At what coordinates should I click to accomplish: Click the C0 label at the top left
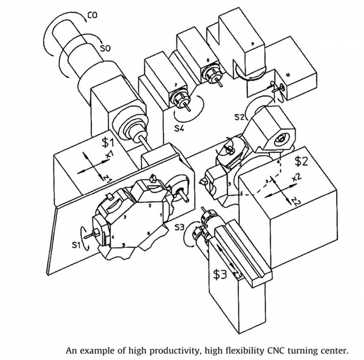tap(92, 16)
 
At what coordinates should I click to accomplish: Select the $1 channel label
tap(108, 142)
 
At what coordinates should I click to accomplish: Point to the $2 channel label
tap(301, 161)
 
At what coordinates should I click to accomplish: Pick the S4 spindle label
tap(180, 129)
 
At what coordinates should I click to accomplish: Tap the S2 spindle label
tap(240, 117)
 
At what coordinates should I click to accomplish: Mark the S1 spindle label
tap(76, 244)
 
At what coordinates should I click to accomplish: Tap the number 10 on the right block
tap(287, 75)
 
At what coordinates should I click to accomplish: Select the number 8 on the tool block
tap(208, 60)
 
